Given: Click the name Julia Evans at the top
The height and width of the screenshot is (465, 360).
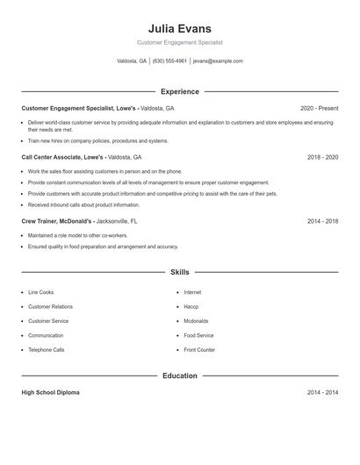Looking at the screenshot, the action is [180, 28].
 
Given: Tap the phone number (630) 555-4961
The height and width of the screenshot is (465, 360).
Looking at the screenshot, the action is [169, 61].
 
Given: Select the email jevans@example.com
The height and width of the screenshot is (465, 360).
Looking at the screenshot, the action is [218, 61].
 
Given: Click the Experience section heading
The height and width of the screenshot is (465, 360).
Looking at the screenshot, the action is [180, 91].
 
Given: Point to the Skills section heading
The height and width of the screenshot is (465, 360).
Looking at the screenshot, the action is [180, 273].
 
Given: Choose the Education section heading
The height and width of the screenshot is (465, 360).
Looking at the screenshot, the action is [180, 376].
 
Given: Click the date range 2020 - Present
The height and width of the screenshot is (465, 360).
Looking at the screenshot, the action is [318, 108].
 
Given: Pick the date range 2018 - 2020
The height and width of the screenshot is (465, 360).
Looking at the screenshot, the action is [322, 157].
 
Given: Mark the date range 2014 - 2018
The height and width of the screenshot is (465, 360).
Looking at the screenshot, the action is [322, 222].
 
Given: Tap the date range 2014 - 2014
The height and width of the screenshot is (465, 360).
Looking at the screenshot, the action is [322, 392].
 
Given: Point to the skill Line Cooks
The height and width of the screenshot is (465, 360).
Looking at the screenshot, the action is [40, 292].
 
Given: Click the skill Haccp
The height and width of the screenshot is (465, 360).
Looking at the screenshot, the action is [191, 306].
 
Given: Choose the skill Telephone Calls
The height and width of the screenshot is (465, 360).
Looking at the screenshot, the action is [46, 350].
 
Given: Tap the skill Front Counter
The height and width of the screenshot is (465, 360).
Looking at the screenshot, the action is [199, 350].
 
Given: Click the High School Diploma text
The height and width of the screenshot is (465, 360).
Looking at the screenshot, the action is [50, 392].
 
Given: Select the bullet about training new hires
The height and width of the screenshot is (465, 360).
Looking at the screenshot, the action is [97, 140].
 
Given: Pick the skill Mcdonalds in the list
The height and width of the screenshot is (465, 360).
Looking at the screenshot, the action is [197, 321].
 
